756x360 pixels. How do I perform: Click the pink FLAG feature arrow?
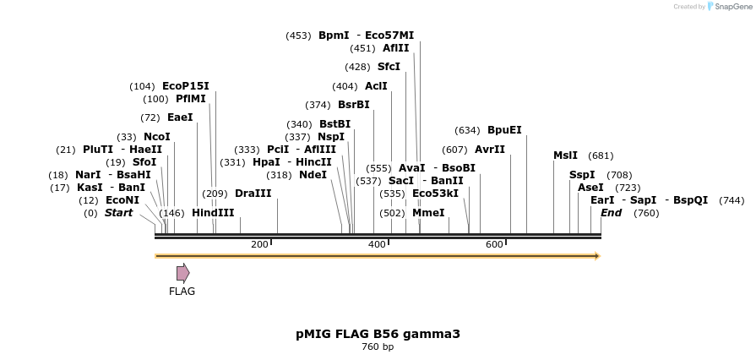pos(182,272)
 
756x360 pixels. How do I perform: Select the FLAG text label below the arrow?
pos(182,292)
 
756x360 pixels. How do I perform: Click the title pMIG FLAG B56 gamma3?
pos(378,334)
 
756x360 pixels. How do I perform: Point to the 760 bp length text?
pos(378,346)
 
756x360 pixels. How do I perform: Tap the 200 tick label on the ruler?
pos(259,244)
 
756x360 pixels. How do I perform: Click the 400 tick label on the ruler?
pos(377,244)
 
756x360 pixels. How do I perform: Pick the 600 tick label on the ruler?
pos(494,244)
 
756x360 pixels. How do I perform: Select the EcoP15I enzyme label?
pos(185,86)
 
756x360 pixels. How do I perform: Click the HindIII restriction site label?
pos(213,213)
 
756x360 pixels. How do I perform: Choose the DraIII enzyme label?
pos(253,194)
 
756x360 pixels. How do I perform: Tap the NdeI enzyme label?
pos(313,175)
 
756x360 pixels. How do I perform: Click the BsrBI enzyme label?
pos(353,105)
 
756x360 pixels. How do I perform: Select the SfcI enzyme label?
pos(389,67)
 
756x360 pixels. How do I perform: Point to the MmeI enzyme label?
pos(428,213)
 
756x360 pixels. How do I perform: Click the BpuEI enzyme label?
pos(504,130)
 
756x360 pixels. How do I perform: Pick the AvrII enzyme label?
pos(490,150)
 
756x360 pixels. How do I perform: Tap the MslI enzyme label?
pos(565,155)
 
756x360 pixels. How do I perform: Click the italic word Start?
pos(118,213)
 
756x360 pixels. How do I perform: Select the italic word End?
pos(611,213)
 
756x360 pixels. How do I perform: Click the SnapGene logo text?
pos(731,7)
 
